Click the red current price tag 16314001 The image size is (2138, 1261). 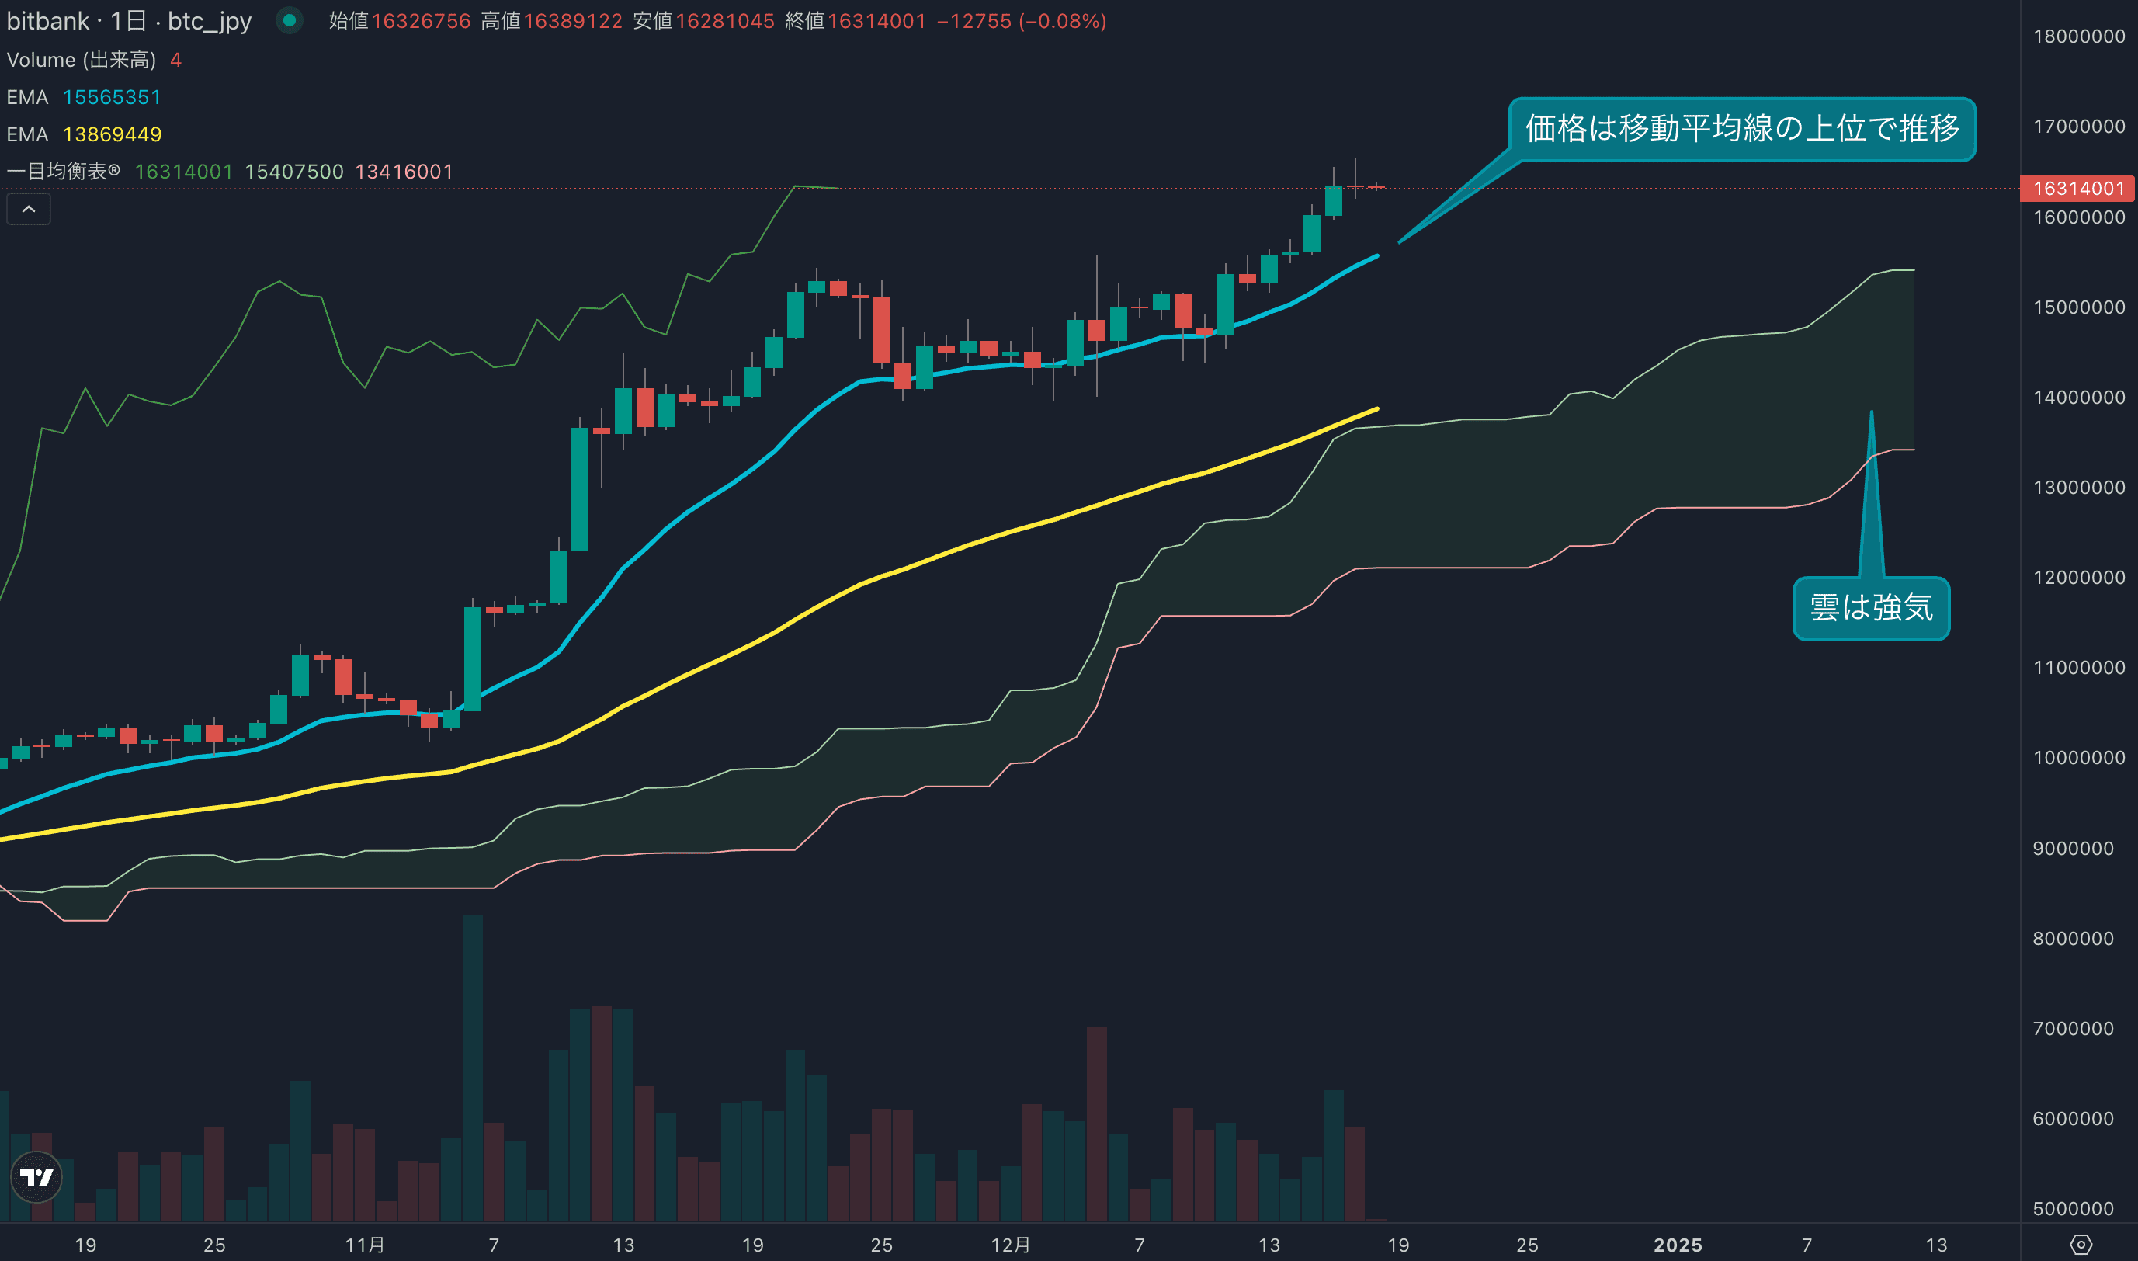(x=2077, y=188)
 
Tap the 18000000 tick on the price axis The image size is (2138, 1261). (x=2078, y=36)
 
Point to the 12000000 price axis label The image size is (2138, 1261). (x=2078, y=577)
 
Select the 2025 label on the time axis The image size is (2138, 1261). (x=1678, y=1245)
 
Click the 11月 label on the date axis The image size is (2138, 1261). (x=364, y=1245)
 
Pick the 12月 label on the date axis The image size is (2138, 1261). (x=1010, y=1245)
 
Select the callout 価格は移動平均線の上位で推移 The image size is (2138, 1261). (x=1741, y=129)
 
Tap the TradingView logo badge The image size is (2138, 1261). (x=36, y=1177)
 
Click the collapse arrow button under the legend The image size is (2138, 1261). (x=29, y=209)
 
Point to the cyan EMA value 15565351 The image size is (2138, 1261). (x=112, y=97)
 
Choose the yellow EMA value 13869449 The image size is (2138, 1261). (x=112, y=134)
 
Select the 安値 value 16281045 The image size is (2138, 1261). (x=724, y=21)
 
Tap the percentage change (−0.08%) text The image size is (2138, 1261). (x=1062, y=21)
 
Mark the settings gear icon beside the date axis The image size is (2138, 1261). (x=2081, y=1245)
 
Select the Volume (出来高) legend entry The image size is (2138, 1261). (x=82, y=60)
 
